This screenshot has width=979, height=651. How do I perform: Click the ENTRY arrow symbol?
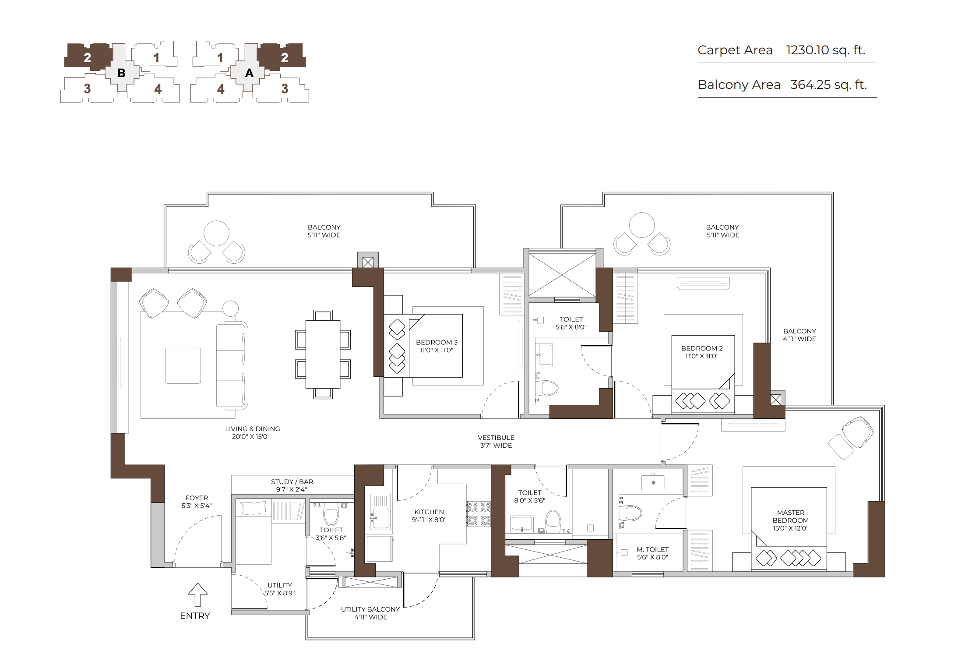(x=197, y=594)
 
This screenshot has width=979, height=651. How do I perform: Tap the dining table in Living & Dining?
(x=323, y=354)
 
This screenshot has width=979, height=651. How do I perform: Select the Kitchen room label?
(x=429, y=516)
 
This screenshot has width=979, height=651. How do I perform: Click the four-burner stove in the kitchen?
(x=479, y=514)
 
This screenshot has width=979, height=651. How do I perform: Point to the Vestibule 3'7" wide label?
(x=496, y=442)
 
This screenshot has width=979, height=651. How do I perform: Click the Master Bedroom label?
(x=791, y=520)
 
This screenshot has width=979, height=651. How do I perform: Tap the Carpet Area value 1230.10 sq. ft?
(x=826, y=50)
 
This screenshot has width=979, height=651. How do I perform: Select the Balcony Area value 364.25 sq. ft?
(x=828, y=85)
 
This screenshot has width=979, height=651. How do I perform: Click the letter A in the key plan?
(x=249, y=73)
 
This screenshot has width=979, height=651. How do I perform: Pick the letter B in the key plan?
(x=121, y=73)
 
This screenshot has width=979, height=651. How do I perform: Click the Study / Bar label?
(x=292, y=485)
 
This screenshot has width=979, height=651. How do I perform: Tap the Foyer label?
(x=197, y=502)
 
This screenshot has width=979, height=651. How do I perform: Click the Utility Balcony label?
(x=370, y=613)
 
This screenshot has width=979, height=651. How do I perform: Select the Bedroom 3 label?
(x=437, y=346)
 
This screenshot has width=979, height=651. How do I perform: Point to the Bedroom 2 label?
(x=702, y=352)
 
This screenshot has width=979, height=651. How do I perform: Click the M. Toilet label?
(x=652, y=553)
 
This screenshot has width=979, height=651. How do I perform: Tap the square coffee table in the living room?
(x=183, y=366)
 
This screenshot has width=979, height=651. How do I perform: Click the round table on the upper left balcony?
(x=216, y=234)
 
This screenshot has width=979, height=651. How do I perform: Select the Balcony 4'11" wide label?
(x=799, y=335)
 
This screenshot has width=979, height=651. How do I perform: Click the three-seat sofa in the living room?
(x=232, y=365)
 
